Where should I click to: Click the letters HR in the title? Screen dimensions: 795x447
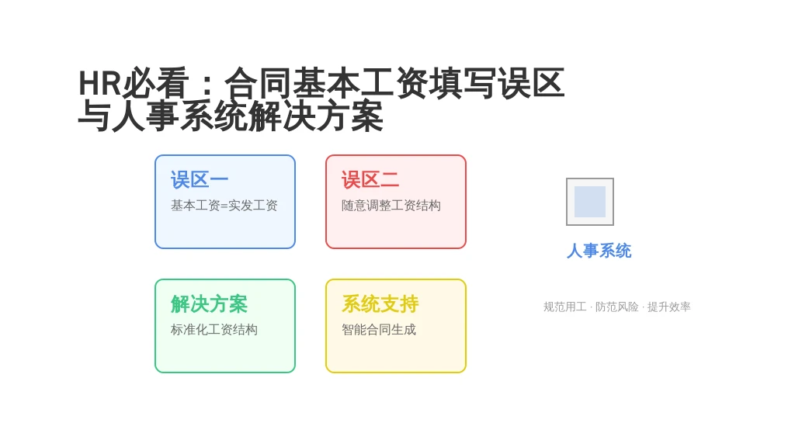point(100,83)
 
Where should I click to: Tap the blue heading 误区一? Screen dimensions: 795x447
point(200,180)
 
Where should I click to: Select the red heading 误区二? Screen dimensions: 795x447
point(370,180)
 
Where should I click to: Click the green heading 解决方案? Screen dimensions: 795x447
point(209,304)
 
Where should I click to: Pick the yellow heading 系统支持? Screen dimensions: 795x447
point(380,304)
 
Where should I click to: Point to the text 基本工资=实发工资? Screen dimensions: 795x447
point(224,205)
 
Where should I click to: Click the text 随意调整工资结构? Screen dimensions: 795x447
point(391,205)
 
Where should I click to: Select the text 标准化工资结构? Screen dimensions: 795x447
point(214,329)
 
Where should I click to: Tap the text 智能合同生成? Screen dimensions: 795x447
point(379,329)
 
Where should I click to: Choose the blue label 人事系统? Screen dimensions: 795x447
point(599,251)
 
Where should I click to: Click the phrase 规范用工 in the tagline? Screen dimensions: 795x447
point(565,307)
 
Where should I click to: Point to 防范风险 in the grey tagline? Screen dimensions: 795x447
point(617,307)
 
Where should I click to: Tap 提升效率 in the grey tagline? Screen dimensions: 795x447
point(668,307)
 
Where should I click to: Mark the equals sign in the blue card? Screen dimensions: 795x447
point(224,206)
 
